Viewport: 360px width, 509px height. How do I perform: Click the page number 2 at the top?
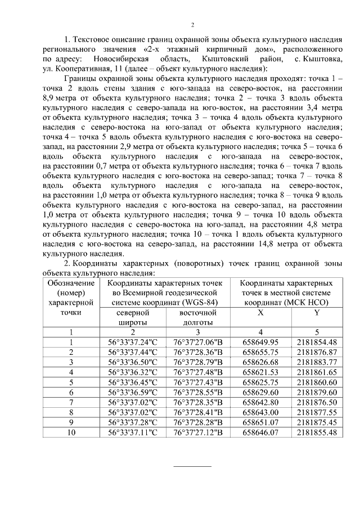tap(192, 25)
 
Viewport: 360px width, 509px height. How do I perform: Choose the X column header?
tap(260, 312)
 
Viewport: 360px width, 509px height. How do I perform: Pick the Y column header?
tap(317, 312)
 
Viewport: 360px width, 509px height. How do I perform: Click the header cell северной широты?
tap(133, 317)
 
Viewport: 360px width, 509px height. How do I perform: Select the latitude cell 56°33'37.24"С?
tap(133, 342)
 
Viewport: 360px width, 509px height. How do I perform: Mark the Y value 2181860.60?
tap(317, 382)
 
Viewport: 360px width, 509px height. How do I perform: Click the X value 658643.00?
tap(260, 412)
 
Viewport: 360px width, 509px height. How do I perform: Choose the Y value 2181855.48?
tap(317, 432)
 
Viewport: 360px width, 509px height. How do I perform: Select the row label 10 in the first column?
tap(71, 432)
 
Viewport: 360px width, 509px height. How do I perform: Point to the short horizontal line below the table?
tap(192, 466)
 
